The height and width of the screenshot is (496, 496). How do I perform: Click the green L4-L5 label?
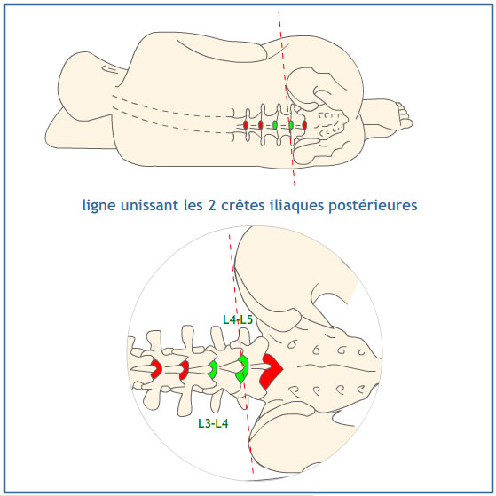(x=238, y=319)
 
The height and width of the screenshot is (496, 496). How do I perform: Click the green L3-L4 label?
(x=213, y=423)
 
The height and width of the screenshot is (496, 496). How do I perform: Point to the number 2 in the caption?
(x=212, y=205)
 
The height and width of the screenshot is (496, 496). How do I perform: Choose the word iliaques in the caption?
(x=297, y=206)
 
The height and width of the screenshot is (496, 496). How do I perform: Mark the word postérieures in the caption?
(x=373, y=206)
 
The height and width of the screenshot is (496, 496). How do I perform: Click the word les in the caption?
(x=193, y=205)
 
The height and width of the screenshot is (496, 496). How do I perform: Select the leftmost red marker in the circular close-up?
(x=156, y=369)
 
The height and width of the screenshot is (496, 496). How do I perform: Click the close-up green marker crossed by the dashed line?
(x=242, y=369)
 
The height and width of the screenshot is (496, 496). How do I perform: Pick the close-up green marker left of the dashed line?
(x=213, y=369)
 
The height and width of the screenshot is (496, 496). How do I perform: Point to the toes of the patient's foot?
(x=404, y=115)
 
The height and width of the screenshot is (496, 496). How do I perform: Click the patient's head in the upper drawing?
(x=83, y=86)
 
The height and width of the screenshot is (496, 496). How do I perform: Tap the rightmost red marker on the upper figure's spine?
(x=304, y=125)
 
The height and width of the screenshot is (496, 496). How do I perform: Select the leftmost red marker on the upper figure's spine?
(x=246, y=125)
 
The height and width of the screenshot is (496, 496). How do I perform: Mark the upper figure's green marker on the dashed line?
(x=291, y=125)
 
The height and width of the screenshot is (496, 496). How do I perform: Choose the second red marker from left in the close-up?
(x=184, y=370)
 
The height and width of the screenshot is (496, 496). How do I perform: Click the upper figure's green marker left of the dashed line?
(x=275, y=125)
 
